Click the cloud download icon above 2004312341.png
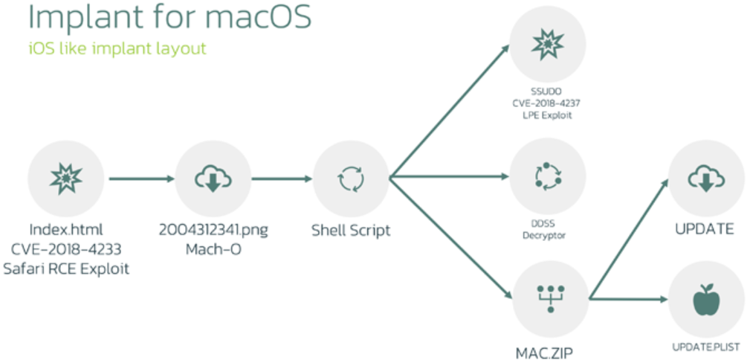[213, 179]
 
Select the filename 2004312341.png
[213, 230]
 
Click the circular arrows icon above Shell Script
[351, 179]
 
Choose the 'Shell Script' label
[351, 231]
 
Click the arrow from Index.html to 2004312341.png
[141, 179]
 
